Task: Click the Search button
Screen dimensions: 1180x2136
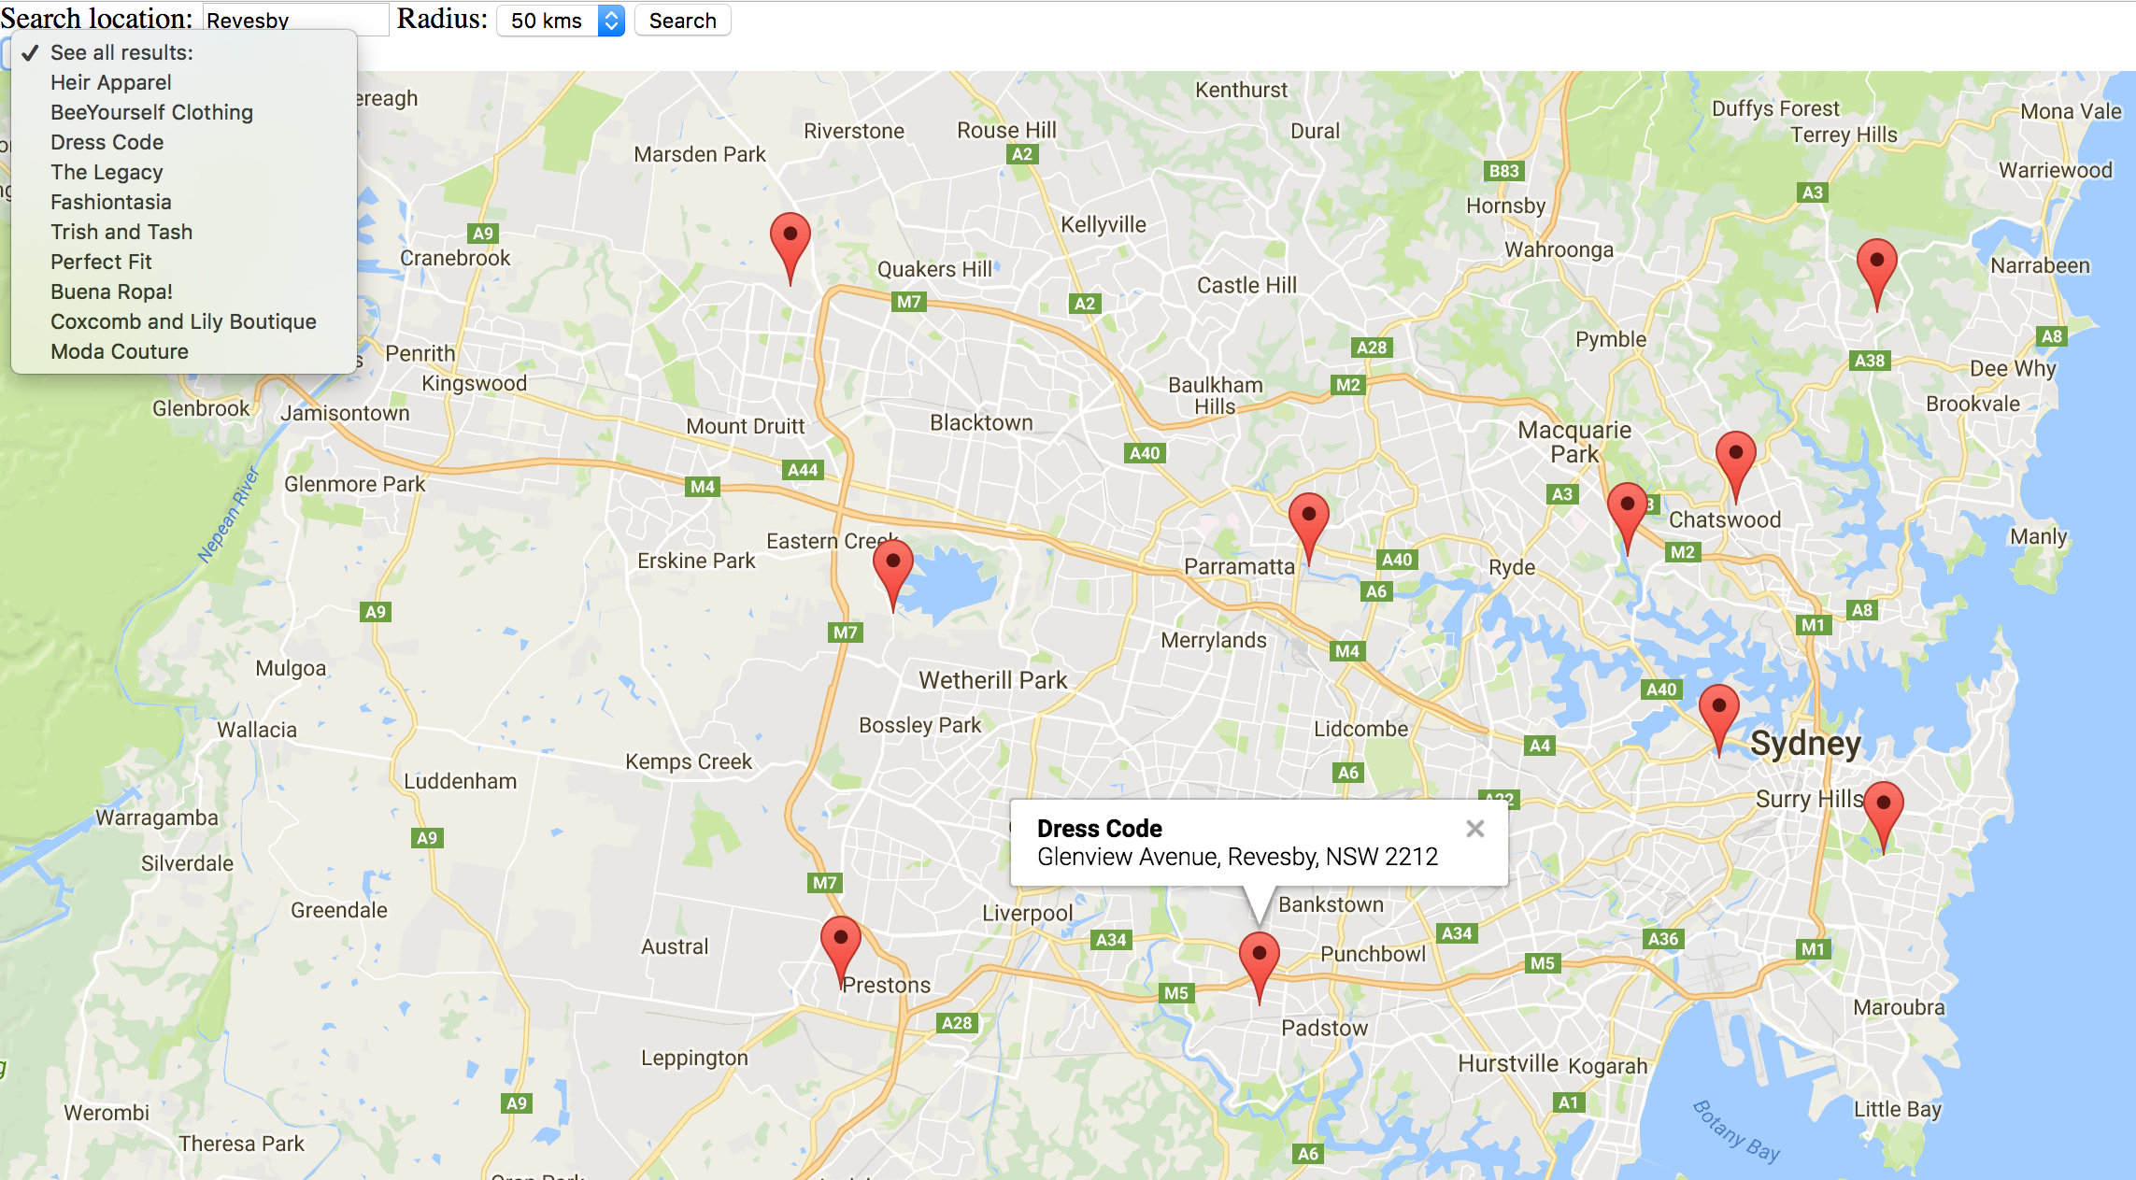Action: point(682,21)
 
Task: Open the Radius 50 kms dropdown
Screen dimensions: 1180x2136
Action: point(560,21)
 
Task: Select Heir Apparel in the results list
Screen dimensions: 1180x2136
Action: point(111,82)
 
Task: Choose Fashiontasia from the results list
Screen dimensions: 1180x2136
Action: point(111,202)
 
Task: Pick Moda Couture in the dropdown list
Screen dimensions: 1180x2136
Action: point(120,351)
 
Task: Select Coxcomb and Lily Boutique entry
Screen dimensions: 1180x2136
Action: point(183,321)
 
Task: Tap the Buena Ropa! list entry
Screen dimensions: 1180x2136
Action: point(111,291)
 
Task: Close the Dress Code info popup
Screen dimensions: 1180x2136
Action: point(1475,829)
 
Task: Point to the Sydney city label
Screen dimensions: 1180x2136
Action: point(1805,744)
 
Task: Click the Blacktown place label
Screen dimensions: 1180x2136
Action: point(981,422)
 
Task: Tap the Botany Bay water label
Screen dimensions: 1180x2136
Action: point(1736,1130)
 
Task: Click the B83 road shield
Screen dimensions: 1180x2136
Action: point(1503,171)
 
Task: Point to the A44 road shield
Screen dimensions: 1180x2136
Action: point(803,470)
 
